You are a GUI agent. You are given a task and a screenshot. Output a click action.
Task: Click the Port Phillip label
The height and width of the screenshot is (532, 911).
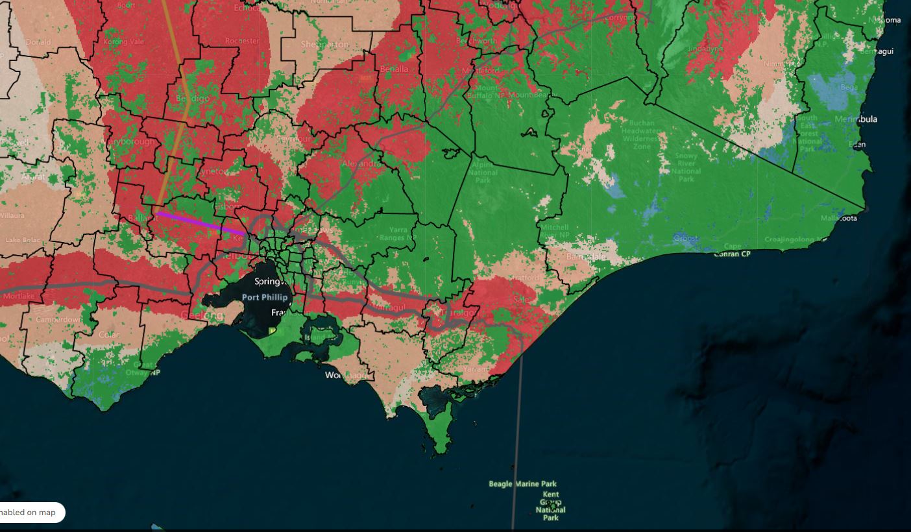click(264, 297)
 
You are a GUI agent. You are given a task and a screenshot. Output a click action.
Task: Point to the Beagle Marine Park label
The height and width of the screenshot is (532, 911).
click(522, 484)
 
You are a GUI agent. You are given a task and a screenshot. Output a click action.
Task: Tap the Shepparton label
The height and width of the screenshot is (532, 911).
click(325, 44)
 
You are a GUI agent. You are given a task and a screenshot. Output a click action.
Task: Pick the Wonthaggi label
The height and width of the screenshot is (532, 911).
click(346, 376)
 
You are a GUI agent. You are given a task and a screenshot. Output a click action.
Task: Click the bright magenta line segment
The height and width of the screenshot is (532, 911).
click(201, 223)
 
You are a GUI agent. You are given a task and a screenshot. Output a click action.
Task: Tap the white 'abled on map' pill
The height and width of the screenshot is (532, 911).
click(31, 513)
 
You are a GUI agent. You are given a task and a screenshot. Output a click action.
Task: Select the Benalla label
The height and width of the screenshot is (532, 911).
click(394, 69)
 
